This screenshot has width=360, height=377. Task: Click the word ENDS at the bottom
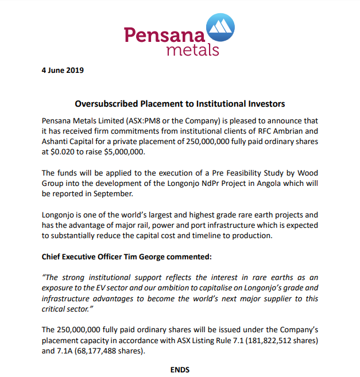180,370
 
